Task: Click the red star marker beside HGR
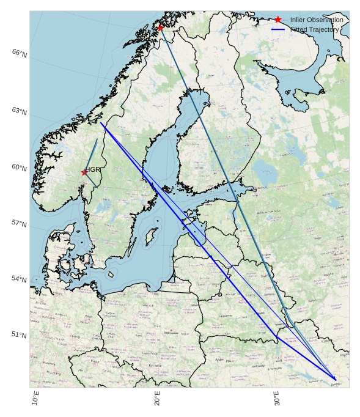[84, 172]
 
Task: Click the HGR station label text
[93, 169]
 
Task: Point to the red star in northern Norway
[160, 27]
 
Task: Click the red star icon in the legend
[278, 20]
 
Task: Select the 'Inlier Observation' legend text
[317, 20]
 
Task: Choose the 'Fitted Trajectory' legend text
[314, 29]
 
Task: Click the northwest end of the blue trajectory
[101, 124]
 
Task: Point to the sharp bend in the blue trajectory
[277, 337]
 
